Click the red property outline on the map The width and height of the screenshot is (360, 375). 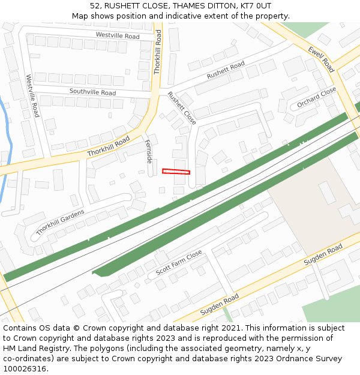(176, 172)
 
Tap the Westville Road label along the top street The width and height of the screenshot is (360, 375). (118, 37)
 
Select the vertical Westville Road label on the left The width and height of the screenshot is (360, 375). (32, 95)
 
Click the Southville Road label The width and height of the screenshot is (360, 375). (92, 92)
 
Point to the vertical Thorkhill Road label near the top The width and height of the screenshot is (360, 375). (158, 52)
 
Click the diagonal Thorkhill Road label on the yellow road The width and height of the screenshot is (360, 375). (109, 146)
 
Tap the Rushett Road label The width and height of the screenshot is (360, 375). (226, 70)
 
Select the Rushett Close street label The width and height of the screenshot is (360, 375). (181, 108)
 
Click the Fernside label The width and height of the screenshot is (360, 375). (149, 151)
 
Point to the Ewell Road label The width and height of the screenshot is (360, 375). (321, 59)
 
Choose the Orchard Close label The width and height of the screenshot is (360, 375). (317, 98)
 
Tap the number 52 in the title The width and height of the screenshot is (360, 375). (95, 6)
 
